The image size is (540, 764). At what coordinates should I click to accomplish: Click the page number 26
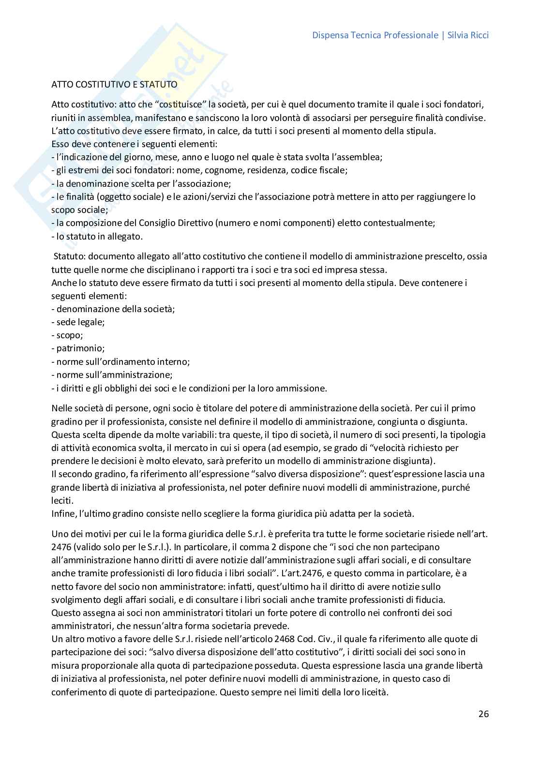pyautogui.click(x=483, y=714)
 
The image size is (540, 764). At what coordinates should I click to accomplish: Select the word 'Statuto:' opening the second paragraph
pyautogui.click(x=70, y=256)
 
